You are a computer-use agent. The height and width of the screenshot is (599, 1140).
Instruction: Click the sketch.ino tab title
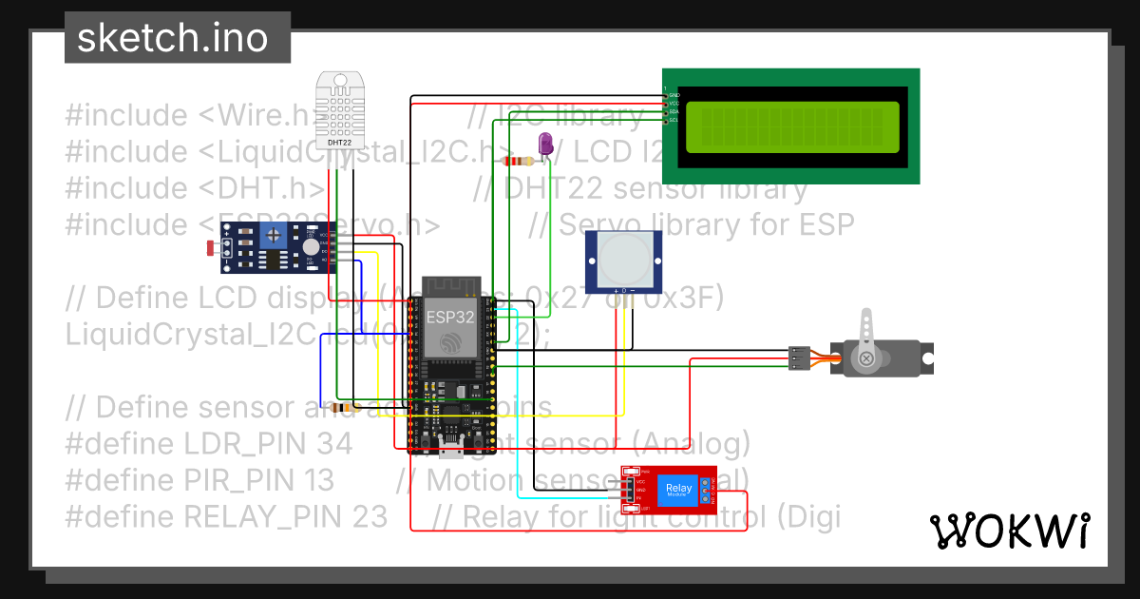click(172, 38)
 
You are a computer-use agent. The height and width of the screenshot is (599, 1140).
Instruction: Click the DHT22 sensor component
click(340, 109)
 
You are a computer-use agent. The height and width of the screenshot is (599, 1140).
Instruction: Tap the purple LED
click(546, 144)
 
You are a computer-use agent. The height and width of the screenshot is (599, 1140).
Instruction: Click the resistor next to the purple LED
click(517, 161)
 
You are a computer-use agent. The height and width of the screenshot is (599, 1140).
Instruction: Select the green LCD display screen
click(789, 127)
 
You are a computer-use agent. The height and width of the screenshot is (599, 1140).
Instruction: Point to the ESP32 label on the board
click(450, 318)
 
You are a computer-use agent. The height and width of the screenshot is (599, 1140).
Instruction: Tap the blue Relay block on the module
click(678, 491)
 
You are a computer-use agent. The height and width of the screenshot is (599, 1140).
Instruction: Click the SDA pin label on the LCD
click(673, 111)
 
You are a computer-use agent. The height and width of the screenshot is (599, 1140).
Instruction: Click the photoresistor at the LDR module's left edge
click(212, 249)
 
